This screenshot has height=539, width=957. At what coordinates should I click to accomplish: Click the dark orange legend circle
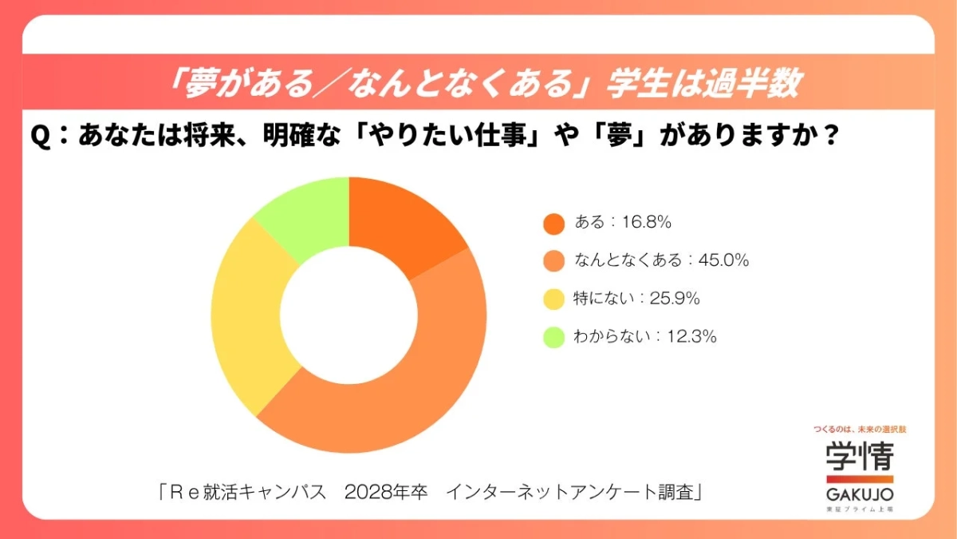[x=553, y=224]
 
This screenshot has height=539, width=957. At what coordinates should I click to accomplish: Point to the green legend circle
[x=553, y=337]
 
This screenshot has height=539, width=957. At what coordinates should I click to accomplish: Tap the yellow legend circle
[x=553, y=299]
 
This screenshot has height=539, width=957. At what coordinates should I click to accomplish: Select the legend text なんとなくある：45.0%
[x=661, y=260]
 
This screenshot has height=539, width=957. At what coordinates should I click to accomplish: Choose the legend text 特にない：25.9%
[x=636, y=299]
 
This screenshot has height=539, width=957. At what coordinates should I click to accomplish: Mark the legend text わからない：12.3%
[x=644, y=336]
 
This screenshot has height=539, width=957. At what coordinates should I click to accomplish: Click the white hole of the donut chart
[x=349, y=315]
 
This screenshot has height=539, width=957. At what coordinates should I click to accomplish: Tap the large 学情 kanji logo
[x=859, y=456]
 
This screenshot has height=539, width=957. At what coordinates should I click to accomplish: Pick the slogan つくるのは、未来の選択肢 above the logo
[x=859, y=429]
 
